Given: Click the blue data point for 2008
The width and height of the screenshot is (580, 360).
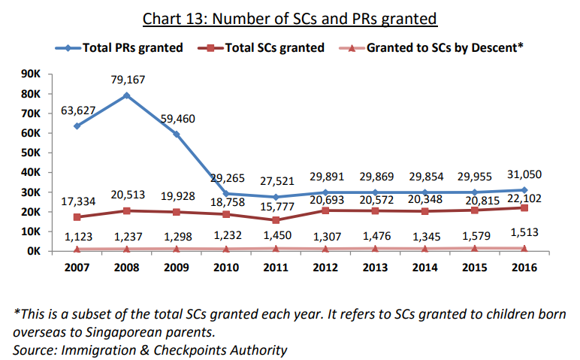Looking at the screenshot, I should point(126,95).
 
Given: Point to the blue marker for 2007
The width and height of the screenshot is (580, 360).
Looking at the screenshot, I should point(77,126).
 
